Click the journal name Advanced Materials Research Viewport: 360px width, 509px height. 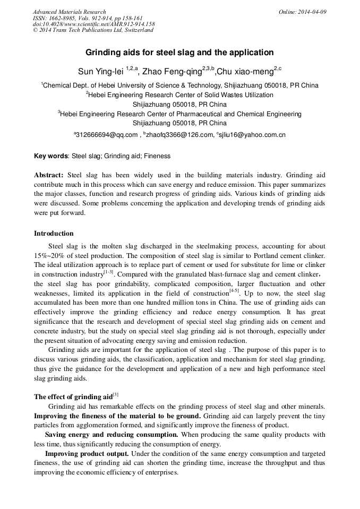coord(69,12)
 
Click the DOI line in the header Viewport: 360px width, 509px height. coord(93,24)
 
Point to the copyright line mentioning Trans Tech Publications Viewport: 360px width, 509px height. coord(93,30)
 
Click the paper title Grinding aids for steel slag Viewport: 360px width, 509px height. coord(179,53)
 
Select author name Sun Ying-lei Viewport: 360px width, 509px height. coord(101,71)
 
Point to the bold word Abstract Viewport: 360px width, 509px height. coord(49,175)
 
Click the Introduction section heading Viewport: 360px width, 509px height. coord(54,234)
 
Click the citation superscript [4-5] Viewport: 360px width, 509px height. coord(234,291)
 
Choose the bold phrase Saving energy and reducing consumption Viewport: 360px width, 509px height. coord(112,435)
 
